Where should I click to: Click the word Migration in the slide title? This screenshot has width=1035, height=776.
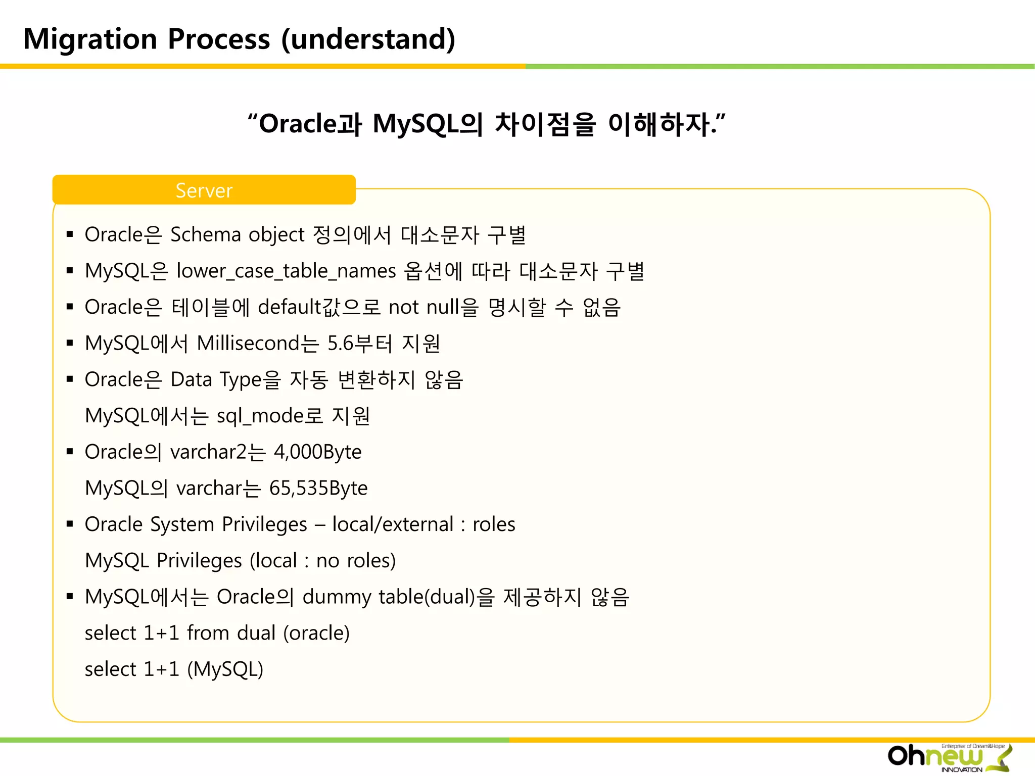pos(90,39)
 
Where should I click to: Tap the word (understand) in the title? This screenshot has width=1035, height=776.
pos(368,39)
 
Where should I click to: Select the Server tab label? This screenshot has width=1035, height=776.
pos(204,190)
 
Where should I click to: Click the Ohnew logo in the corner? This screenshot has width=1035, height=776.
pos(949,757)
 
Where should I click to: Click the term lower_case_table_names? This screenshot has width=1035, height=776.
pos(286,271)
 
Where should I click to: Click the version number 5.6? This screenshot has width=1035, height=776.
pos(340,344)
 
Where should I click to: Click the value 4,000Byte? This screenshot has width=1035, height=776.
pos(317,452)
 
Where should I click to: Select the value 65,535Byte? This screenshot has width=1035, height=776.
pos(318,489)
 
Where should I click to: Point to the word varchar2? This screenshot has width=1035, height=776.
pos(208,452)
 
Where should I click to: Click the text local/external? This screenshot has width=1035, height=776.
pos(393,524)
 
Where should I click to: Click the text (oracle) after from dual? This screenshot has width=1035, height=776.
pos(316,633)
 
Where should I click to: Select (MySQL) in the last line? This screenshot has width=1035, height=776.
pos(225,669)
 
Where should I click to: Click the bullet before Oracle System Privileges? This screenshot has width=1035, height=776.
pos(70,524)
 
